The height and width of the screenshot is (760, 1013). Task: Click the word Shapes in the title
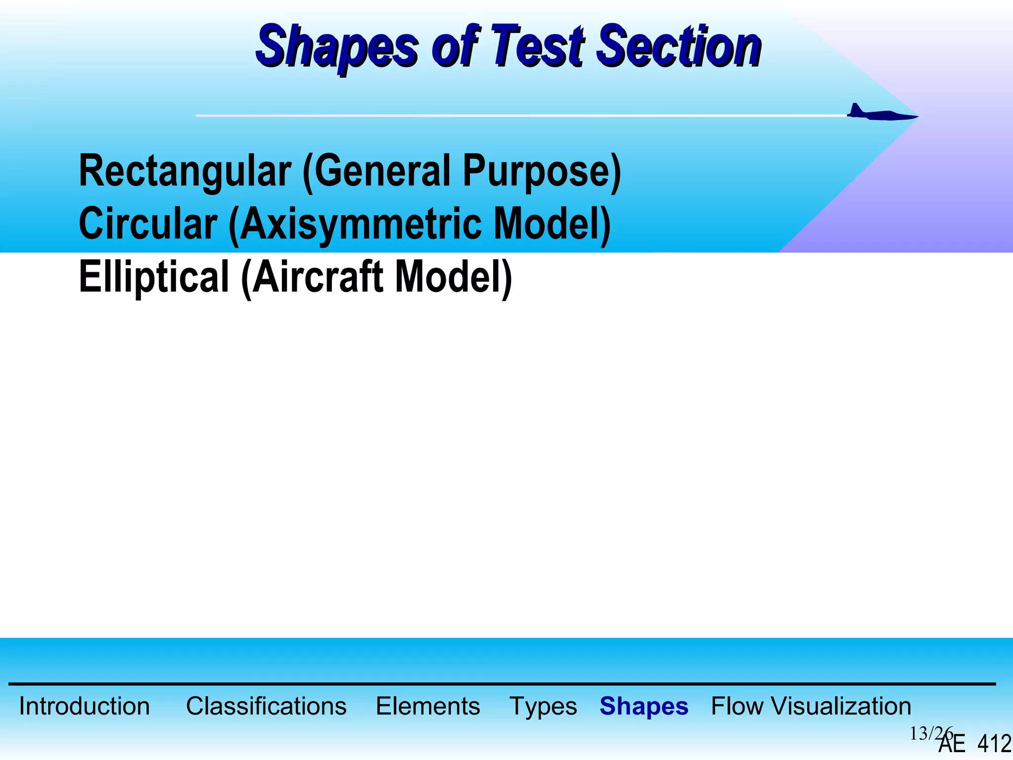(x=336, y=47)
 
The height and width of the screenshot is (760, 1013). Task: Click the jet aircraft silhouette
(x=880, y=114)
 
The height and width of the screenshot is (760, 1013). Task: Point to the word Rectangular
(x=185, y=171)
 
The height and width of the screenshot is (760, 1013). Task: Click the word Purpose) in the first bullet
(x=542, y=171)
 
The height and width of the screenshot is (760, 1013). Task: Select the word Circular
(x=148, y=224)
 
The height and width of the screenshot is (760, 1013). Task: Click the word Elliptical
(x=154, y=277)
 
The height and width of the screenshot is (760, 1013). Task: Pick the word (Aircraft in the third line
(x=312, y=277)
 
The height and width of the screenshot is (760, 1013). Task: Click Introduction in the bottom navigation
(x=84, y=706)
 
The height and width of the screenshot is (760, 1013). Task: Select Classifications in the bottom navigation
(x=266, y=706)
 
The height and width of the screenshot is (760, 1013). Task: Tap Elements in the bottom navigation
(x=428, y=706)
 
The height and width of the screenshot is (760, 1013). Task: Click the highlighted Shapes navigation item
(x=644, y=707)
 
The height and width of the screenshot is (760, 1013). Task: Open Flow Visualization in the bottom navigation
(x=811, y=706)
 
